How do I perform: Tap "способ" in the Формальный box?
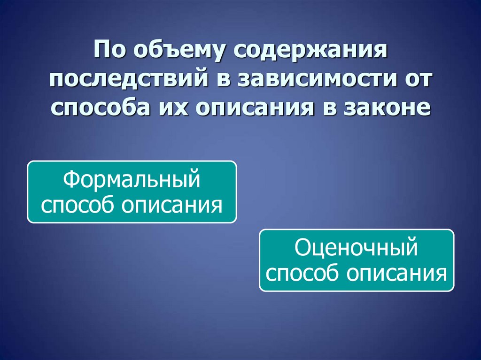tap(79, 205)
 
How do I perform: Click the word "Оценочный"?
tap(357, 248)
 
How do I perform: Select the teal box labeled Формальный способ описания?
tap(132, 191)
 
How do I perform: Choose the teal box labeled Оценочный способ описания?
tap(357, 260)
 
